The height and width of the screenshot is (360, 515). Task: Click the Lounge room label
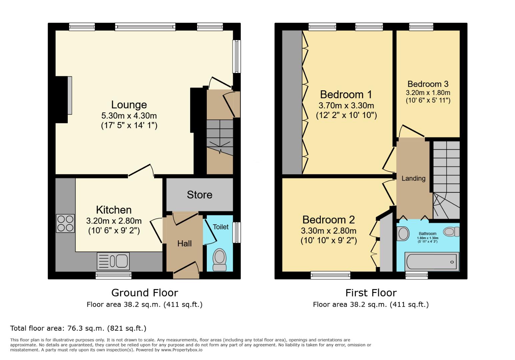129,105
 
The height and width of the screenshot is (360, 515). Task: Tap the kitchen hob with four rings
65,223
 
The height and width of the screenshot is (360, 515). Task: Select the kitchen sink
113,261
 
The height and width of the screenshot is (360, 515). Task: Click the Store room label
199,195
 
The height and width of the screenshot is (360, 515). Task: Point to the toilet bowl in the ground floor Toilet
219,259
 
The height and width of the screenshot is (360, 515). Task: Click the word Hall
184,244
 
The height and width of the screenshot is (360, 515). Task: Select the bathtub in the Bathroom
432,261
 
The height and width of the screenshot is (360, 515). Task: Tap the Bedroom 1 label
346,95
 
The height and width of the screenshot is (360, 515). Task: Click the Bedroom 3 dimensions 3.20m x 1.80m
428,93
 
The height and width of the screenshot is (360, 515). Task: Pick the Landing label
413,178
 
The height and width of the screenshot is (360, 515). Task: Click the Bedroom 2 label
329,220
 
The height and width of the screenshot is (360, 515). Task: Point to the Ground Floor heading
144,293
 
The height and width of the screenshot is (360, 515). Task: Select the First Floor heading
371,293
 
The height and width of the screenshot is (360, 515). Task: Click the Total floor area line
78,328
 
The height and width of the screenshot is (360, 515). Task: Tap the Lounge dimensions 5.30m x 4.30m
129,116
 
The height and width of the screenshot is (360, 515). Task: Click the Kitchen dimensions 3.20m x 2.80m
114,221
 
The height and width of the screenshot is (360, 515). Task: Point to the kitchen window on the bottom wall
113,275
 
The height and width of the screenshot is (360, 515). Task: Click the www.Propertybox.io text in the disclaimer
182,350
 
